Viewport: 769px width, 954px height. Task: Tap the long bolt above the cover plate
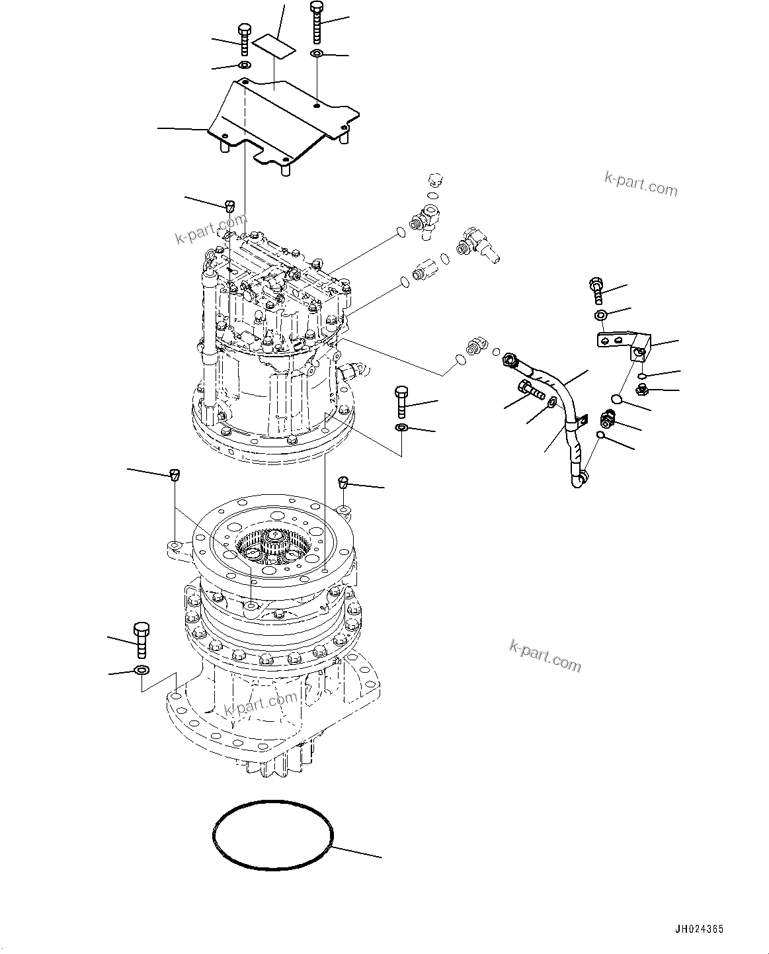pos(315,23)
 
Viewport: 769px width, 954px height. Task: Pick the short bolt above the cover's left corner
pos(243,39)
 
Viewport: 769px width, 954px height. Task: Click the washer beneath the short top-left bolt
pos(243,65)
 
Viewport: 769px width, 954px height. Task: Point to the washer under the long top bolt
pos(317,53)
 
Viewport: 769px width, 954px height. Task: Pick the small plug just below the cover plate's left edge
pos(229,204)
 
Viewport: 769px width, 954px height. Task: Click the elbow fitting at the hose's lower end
pos(578,480)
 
